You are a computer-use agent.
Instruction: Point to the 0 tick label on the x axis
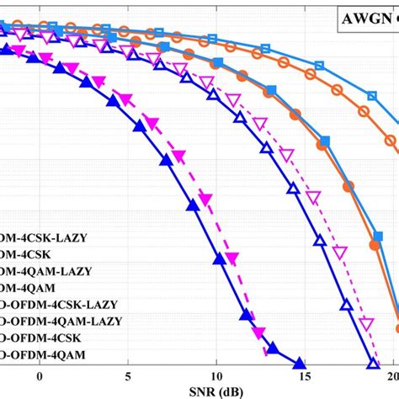coord(38,375)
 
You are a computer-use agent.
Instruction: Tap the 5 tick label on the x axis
coord(127,375)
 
